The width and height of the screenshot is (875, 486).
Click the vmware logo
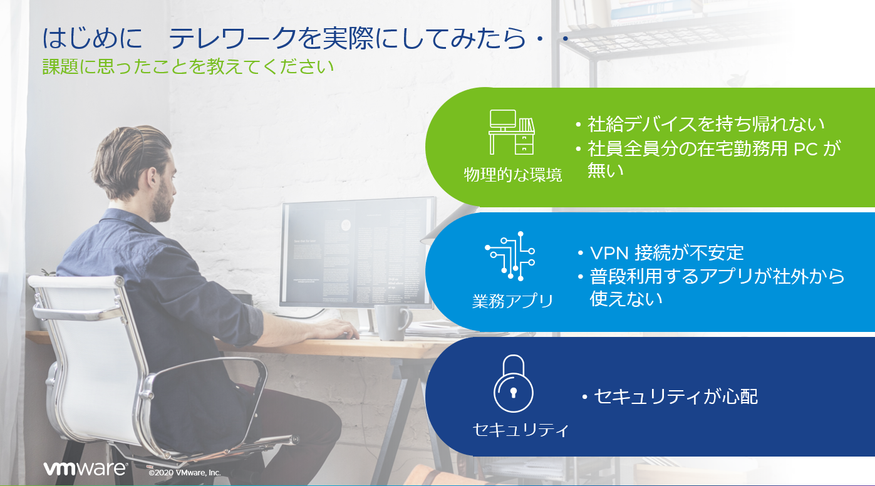pyautogui.click(x=86, y=468)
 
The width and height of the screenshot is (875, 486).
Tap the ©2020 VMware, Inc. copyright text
pyautogui.click(x=184, y=472)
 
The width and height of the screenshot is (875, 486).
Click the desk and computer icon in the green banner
pyautogui.click(x=512, y=132)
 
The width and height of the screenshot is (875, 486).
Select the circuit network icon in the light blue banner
pyautogui.click(x=510, y=256)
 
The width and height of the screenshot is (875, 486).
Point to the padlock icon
pyautogui.click(x=513, y=383)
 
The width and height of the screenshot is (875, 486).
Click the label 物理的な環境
pyautogui.click(x=513, y=175)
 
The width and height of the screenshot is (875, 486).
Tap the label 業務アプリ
pyautogui.click(x=512, y=301)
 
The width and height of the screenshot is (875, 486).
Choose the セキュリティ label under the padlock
pyautogui.click(x=520, y=430)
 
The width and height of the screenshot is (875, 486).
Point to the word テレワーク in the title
pyautogui.click(x=233, y=38)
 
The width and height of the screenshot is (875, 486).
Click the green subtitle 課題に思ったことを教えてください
pyautogui.click(x=188, y=67)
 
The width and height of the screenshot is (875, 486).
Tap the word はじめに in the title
pyautogui.click(x=92, y=38)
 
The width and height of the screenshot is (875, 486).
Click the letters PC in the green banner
pyautogui.click(x=805, y=149)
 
